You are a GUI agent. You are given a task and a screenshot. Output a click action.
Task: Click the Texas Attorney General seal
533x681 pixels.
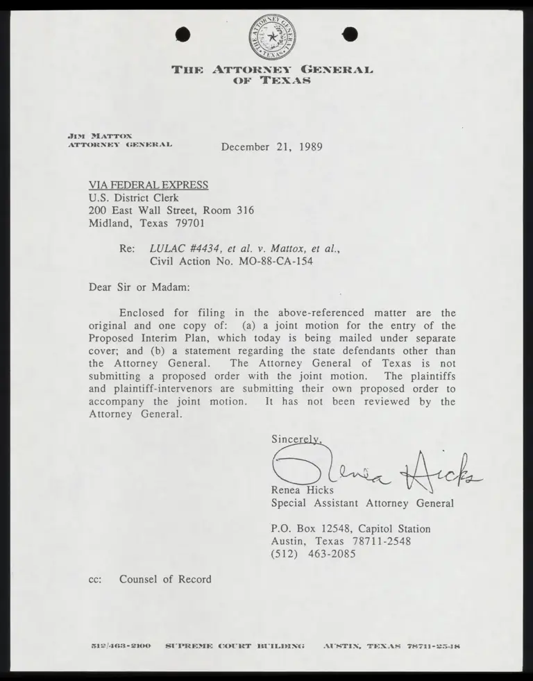tap(271, 36)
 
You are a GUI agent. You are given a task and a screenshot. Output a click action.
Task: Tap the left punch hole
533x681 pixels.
tap(184, 34)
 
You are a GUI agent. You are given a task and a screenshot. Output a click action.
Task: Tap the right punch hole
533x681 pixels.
tap(350, 33)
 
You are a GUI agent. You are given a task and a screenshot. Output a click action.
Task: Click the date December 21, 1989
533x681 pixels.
tap(271, 146)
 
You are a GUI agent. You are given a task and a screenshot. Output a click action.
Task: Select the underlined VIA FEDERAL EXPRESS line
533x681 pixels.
tap(148, 185)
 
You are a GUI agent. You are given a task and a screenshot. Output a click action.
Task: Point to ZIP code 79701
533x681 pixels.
tap(189, 224)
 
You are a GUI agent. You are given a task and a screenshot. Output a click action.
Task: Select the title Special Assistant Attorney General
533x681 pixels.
tap(362, 503)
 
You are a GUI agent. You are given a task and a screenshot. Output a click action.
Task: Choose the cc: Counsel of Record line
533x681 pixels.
tap(150, 579)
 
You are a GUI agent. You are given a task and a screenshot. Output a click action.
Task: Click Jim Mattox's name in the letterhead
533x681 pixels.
tap(101, 135)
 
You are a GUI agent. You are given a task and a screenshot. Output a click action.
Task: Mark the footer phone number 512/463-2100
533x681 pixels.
tap(121, 646)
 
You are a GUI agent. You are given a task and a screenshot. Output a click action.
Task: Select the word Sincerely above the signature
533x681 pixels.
tap(296, 439)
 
